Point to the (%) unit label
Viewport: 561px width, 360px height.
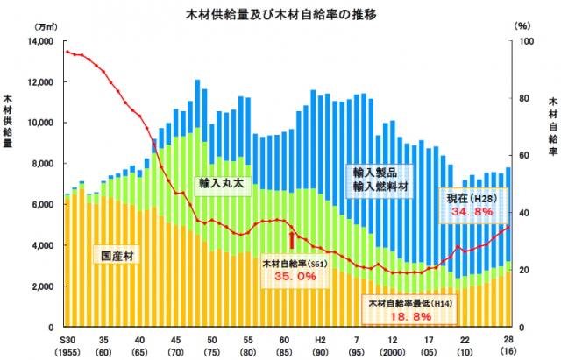click(x=521, y=27)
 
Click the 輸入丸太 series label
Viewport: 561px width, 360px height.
click(x=218, y=184)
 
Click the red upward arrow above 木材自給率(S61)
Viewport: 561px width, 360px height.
click(x=291, y=241)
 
